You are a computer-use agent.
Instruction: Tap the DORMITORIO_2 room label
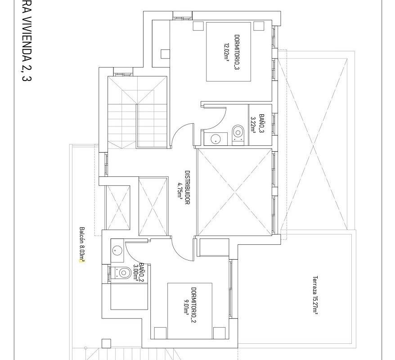194,305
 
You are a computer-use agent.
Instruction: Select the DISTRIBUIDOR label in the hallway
187,188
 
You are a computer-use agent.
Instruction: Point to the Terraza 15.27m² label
315,295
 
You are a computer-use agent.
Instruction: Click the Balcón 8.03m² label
82,245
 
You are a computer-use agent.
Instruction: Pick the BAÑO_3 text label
261,123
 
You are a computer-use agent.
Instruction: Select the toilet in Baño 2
122,273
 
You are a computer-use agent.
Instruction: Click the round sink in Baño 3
215,139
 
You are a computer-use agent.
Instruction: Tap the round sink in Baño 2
117,250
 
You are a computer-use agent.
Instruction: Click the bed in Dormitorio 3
229,52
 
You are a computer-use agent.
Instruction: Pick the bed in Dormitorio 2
190,311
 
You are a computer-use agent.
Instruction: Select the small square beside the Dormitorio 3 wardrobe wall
165,54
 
